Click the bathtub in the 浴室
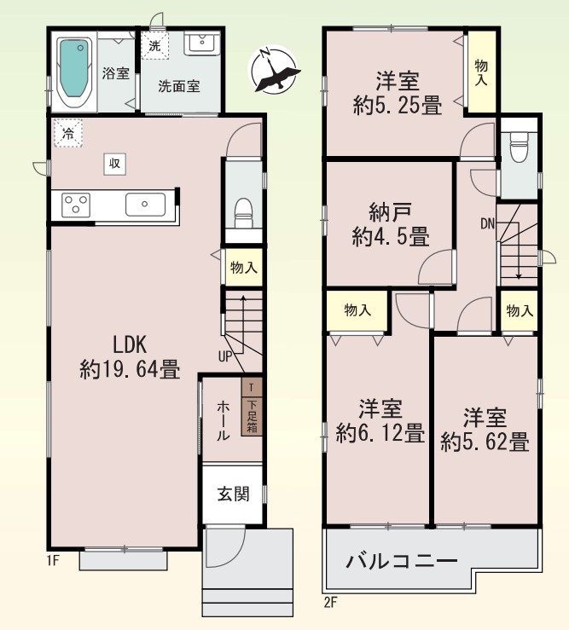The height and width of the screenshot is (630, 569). (74, 72)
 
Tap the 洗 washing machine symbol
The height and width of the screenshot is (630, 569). (154, 46)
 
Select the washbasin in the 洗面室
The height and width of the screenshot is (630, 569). (202, 43)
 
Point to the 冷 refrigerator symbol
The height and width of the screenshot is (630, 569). (68, 133)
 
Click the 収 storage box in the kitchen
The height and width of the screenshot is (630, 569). (114, 164)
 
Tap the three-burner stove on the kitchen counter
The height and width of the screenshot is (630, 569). (76, 205)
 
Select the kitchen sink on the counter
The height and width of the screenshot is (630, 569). (145, 205)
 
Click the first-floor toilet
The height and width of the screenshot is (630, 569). (244, 212)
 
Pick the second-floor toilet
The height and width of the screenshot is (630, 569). (519, 147)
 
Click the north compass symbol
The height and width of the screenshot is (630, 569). (274, 69)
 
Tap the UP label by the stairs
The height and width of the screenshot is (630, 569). (225, 356)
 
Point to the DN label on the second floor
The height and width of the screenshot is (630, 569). (488, 224)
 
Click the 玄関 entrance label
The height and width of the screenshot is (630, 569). (234, 494)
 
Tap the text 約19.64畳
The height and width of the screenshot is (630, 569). (130, 369)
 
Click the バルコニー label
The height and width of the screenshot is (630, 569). (402, 561)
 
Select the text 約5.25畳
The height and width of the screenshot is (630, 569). (398, 105)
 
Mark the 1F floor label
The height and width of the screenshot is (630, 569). (53, 560)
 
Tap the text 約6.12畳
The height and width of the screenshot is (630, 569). (380, 433)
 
